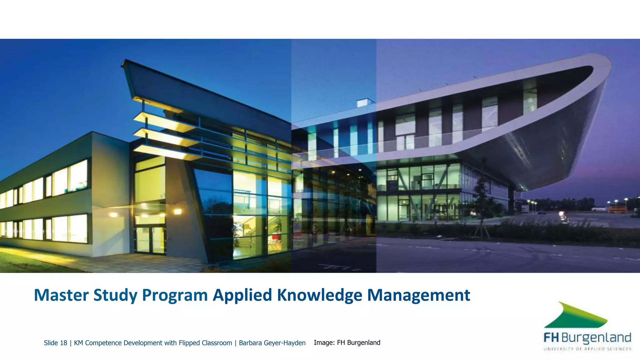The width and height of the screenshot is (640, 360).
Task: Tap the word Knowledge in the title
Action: pos(319,295)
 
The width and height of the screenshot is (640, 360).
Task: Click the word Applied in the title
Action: pos(242,295)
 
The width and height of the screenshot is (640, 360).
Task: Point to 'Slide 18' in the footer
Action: pos(55,343)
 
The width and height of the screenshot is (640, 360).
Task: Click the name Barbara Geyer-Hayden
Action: pos(272,343)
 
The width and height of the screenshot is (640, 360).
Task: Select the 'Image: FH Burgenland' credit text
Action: pos(347,342)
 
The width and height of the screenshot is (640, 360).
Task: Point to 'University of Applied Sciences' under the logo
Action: pos(587,349)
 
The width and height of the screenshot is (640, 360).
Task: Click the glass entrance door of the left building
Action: pos(150,239)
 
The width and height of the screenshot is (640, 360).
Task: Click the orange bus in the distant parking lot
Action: pos(617,209)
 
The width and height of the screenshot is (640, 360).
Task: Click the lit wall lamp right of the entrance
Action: pos(178,212)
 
